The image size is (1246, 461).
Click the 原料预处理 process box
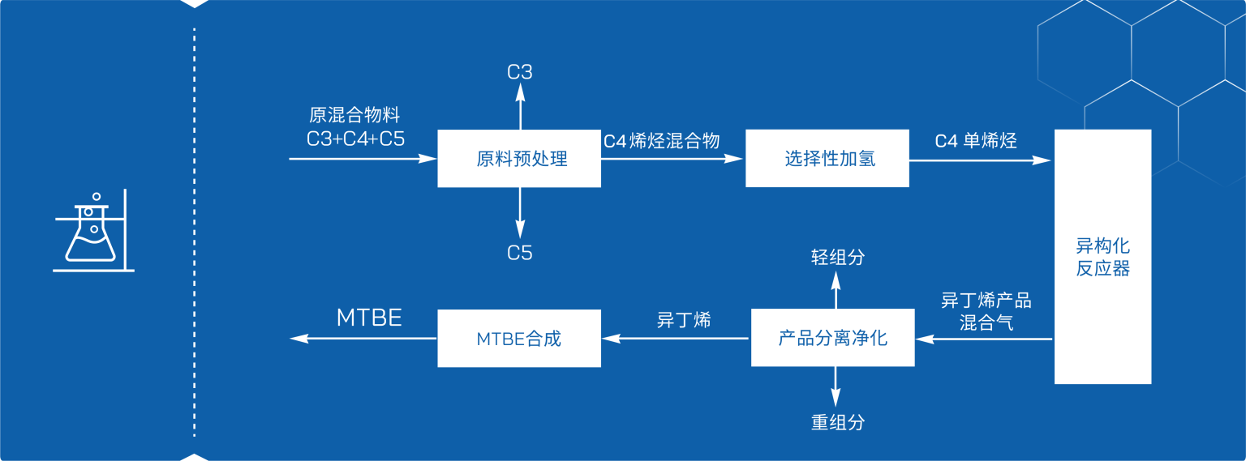tap(519, 159)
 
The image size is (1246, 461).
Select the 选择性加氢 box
tap(827, 159)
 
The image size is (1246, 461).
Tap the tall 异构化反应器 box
tap(1102, 256)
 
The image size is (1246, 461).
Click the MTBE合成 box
tap(519, 339)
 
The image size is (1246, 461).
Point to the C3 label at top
tap(520, 72)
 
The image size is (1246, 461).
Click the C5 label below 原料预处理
tap(520, 253)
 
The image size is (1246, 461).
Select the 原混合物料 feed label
tap(354, 116)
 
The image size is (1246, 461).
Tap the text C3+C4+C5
tap(355, 139)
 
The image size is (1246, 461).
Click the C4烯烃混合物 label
tap(661, 141)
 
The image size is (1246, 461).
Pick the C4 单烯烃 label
tap(976, 141)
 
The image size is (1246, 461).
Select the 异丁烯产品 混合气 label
tap(986, 312)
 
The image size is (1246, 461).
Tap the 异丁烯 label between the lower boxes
tap(683, 320)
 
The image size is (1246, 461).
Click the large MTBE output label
tap(369, 318)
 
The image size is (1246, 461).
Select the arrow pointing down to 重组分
tap(835, 387)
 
